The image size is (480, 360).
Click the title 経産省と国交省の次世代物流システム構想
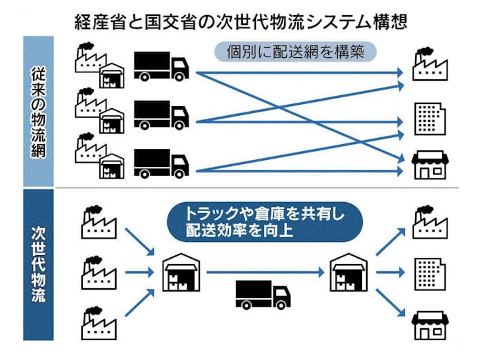(240, 20)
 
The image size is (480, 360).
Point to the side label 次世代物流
(39, 264)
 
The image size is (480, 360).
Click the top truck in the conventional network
(160, 67)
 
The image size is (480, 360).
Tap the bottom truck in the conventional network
(161, 163)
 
